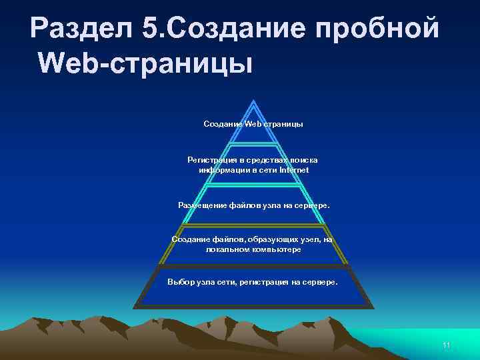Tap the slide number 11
[x=447, y=345]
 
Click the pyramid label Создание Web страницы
[x=253, y=124]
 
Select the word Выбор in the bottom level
[x=181, y=282]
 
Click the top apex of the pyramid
[x=253, y=101]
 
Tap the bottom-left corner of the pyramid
[x=134, y=308]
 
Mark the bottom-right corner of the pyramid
[x=373, y=308]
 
